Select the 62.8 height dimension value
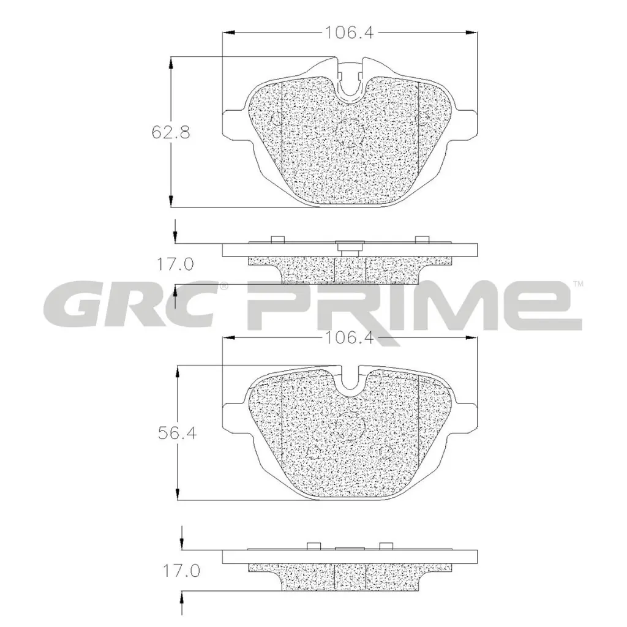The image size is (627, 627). point(167,131)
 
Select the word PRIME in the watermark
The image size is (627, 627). point(410,306)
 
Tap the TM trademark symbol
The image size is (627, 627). point(578,284)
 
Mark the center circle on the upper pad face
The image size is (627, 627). point(351,132)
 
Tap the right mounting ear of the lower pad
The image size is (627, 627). point(467,416)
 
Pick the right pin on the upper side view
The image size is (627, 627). point(422,239)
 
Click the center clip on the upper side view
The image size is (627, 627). point(350,247)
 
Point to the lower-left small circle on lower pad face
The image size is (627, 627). point(314,454)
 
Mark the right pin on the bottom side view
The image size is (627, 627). point(386,546)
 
